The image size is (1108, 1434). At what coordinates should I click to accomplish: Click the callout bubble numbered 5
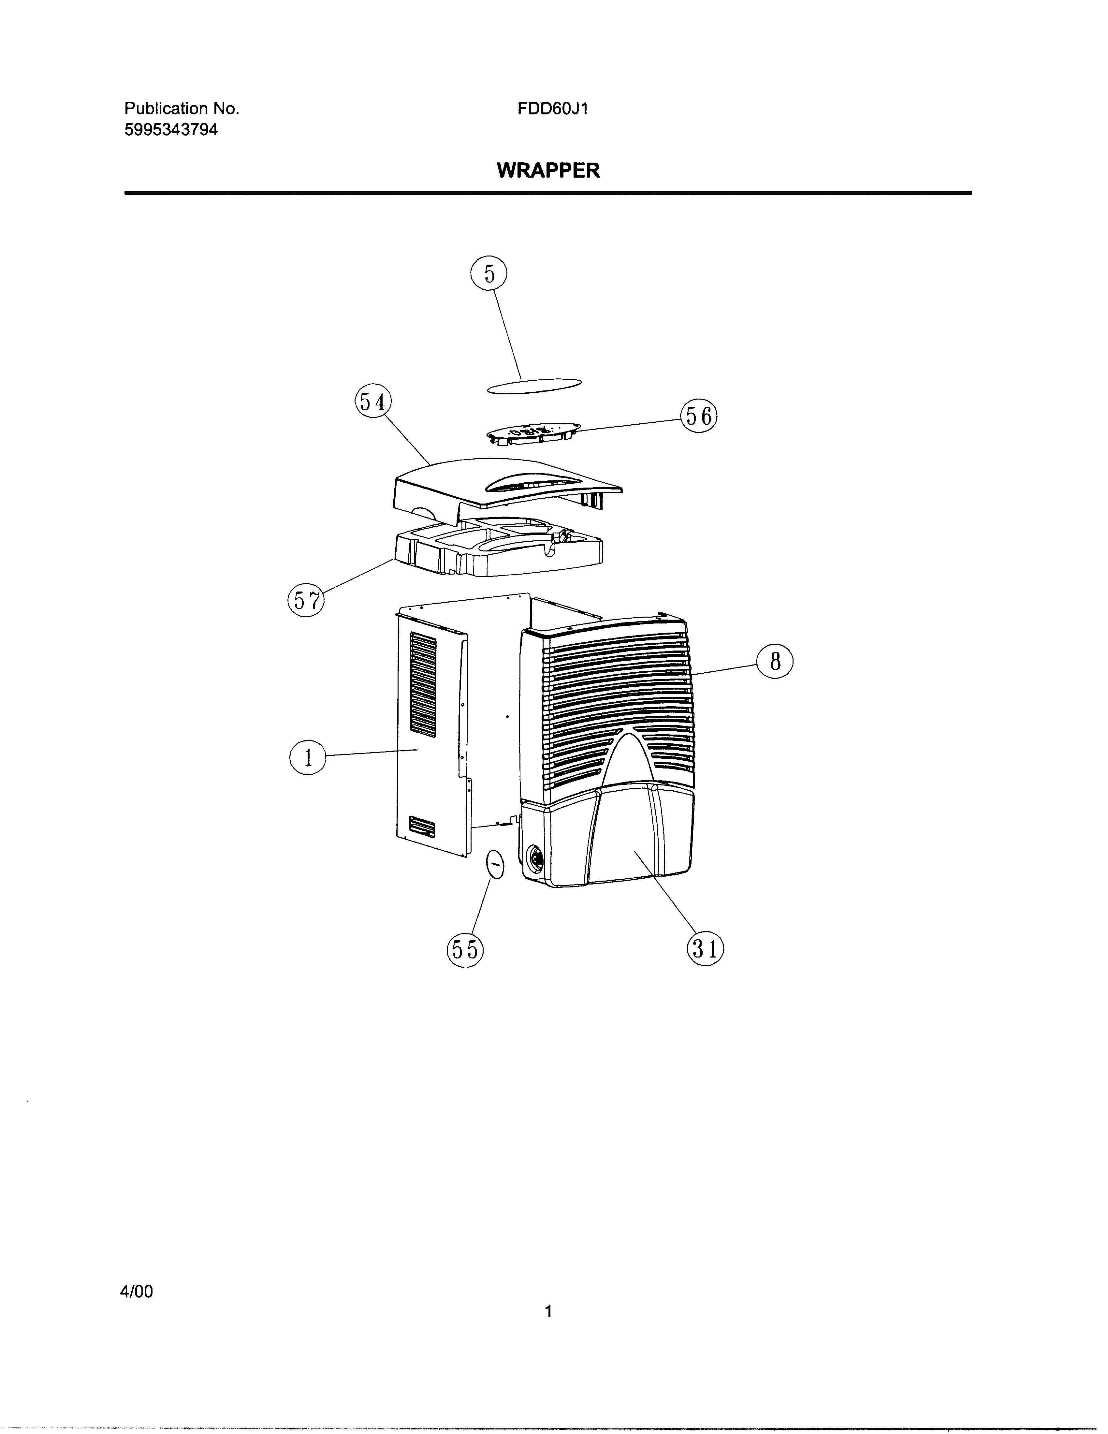[489, 274]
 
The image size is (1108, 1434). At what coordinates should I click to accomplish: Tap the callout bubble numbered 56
[699, 416]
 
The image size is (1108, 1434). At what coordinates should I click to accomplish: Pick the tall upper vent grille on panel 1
[423, 683]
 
